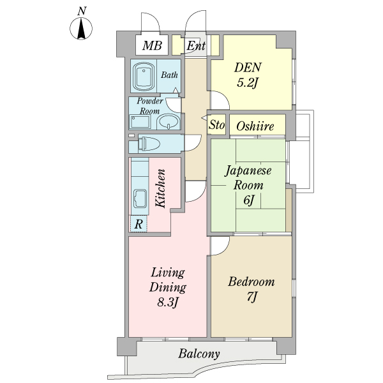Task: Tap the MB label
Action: [x=152, y=45]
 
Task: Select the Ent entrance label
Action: [x=196, y=46]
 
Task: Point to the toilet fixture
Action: [x=148, y=144]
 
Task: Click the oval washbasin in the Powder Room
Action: [x=168, y=121]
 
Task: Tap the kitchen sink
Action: [x=140, y=199]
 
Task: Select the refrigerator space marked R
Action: [x=139, y=224]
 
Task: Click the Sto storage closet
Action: [x=216, y=124]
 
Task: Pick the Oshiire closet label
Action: [x=255, y=126]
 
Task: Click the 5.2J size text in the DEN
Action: [x=248, y=82]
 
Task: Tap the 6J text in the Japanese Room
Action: [x=249, y=200]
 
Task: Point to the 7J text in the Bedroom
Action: [x=252, y=297]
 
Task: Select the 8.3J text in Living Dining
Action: [x=167, y=303]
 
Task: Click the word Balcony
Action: [x=199, y=354]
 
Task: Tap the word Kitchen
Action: [x=161, y=188]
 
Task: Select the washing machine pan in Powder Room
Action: [x=140, y=122]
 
